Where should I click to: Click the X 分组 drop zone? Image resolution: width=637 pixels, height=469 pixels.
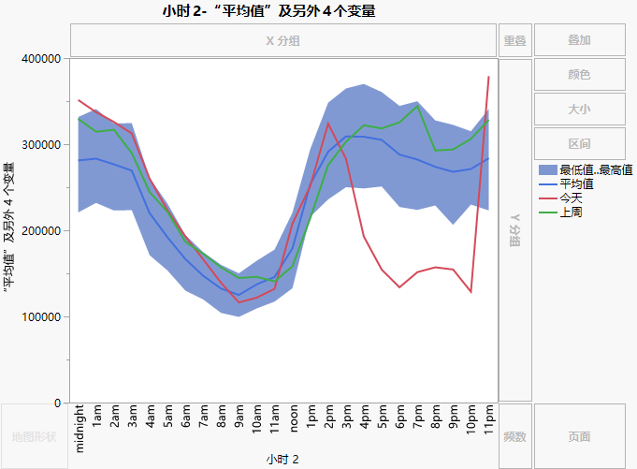point(282,41)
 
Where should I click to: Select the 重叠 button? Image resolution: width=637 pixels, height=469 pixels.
point(514,41)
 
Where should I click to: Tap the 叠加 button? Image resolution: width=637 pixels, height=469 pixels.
point(579,41)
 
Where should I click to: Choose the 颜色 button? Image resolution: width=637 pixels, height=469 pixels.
point(579,75)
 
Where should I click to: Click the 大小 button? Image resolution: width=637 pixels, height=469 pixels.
point(579,110)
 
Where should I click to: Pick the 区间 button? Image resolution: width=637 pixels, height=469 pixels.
point(579,144)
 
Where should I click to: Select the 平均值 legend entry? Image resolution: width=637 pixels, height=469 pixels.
point(576,183)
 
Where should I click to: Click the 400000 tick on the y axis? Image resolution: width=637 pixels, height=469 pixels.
point(41,59)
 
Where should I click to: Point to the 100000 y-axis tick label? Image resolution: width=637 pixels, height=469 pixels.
point(41,317)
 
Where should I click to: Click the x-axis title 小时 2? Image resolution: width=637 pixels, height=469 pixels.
point(282,459)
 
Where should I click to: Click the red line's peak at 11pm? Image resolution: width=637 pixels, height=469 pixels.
point(488,77)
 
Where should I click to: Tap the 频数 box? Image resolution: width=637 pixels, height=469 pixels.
point(514,436)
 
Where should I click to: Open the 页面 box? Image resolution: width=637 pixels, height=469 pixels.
point(579,436)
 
